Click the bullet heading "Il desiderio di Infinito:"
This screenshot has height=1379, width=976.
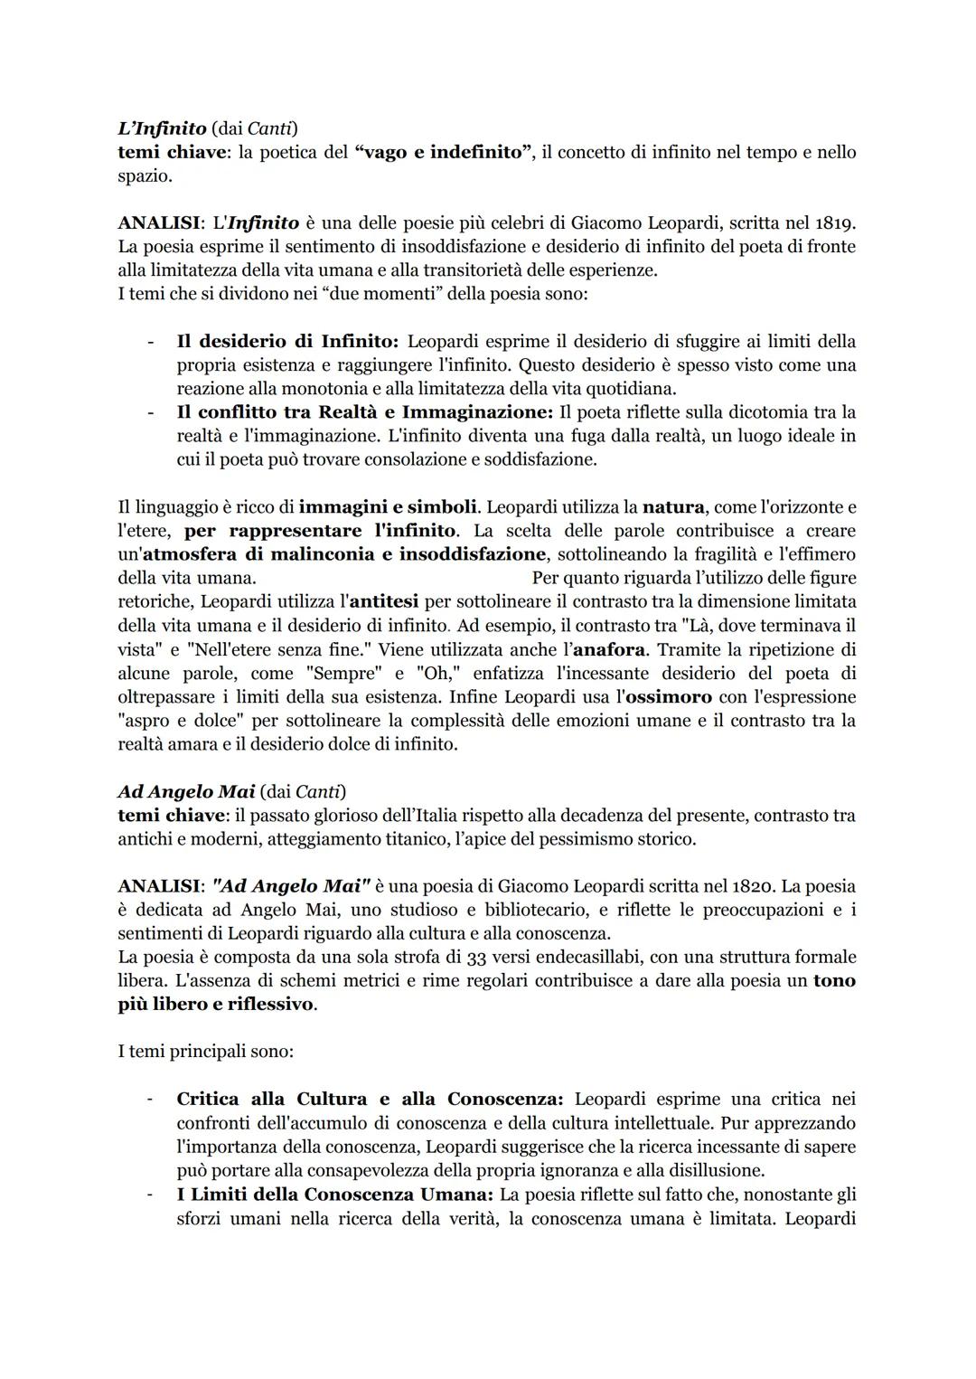tap(287, 342)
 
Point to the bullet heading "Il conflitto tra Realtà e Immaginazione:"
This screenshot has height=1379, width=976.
tap(364, 412)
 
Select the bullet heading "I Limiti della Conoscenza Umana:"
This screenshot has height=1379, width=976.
tap(334, 1195)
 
